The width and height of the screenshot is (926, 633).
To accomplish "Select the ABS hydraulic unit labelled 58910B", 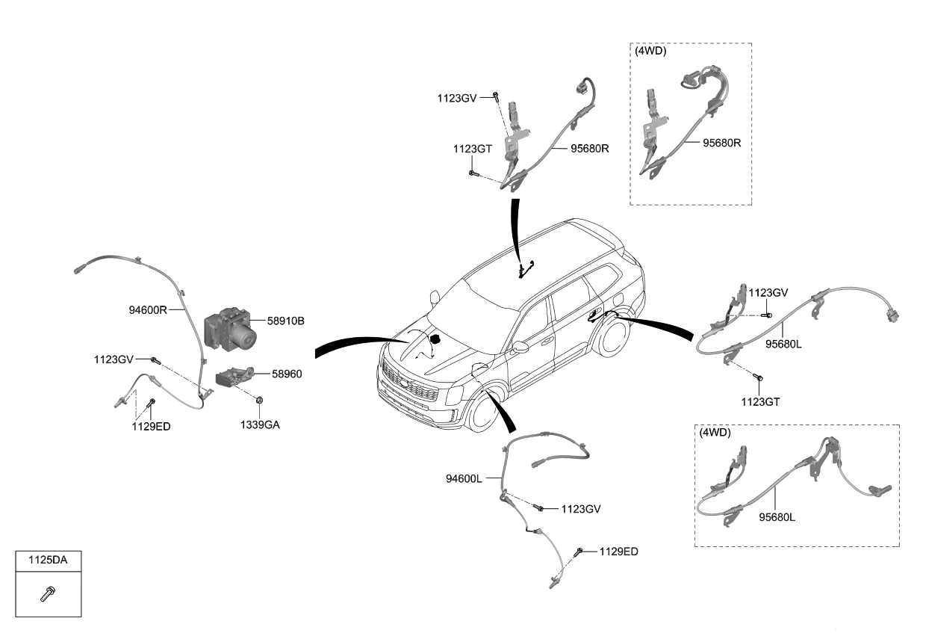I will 230,328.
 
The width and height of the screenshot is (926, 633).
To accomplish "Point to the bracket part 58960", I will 234,376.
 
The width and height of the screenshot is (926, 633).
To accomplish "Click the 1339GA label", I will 259,425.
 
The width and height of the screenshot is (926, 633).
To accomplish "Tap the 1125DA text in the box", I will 48,560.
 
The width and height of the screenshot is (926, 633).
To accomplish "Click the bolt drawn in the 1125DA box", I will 48,594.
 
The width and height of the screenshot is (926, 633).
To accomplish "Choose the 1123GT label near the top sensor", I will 472,149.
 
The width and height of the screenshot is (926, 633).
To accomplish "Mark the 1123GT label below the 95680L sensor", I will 760,401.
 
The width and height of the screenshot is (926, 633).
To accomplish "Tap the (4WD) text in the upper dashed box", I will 651,52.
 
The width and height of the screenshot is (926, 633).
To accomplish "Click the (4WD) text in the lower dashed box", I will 715,433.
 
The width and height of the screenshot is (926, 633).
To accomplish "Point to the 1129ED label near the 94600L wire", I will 618,552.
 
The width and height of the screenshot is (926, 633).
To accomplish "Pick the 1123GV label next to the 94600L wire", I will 581,509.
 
